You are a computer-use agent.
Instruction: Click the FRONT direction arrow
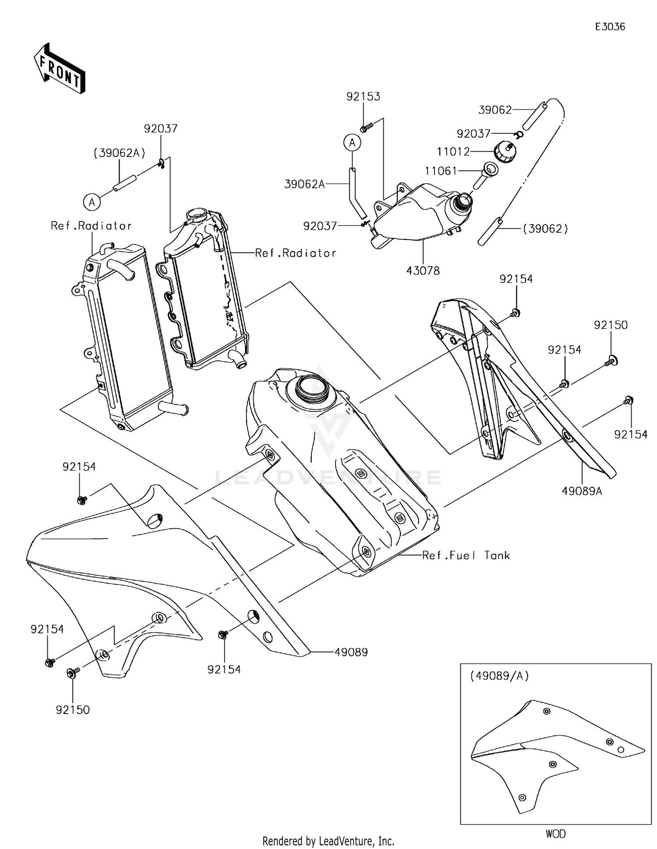coord(60,69)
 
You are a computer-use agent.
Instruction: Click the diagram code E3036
coord(610,27)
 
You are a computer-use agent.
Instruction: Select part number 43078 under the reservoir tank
coord(423,271)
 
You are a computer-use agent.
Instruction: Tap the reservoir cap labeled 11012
coord(505,152)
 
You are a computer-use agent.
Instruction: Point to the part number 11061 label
coord(441,171)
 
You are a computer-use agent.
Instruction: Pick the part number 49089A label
coord(582,491)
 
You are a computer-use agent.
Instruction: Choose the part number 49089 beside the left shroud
coord(351,652)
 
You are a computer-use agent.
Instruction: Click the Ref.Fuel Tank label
coord(466,555)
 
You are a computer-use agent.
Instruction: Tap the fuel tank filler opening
coord(311,387)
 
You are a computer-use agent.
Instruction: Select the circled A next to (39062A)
coord(92,202)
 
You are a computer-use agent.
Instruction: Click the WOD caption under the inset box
coord(555,834)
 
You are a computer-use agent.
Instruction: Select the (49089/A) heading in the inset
coord(499,676)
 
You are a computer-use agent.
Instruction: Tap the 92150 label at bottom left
coord(73,710)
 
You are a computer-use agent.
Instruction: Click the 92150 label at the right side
coord(611,325)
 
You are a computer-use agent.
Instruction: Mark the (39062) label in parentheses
coord(545,229)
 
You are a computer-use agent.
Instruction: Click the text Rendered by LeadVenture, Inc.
coord(328,841)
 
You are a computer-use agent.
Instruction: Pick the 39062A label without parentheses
coord(304,184)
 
